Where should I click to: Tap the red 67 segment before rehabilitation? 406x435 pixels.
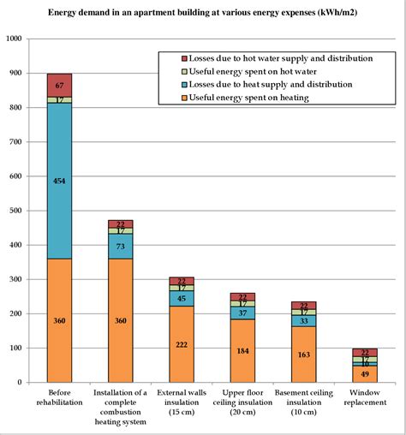(x=59, y=85)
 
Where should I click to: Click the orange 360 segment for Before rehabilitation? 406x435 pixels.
(x=59, y=319)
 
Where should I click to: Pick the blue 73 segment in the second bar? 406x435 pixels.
(x=120, y=246)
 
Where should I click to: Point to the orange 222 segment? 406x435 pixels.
(x=181, y=343)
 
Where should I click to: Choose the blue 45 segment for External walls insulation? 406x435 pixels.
(x=181, y=298)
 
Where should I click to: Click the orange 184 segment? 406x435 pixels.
(x=242, y=350)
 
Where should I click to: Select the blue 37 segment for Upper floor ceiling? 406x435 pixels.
(x=242, y=313)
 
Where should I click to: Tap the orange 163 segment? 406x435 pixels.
(x=303, y=354)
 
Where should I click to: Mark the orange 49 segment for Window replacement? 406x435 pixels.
(x=364, y=373)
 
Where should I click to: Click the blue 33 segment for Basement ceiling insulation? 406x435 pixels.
(x=303, y=320)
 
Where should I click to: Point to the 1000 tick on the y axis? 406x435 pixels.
(x=15, y=39)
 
